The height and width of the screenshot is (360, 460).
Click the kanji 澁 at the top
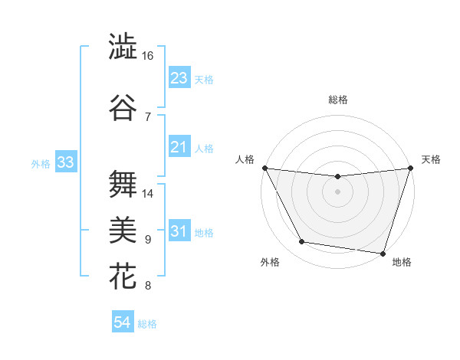123,47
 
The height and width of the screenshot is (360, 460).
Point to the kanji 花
123,277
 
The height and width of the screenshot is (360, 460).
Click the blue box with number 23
179,78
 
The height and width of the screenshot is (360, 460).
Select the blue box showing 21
179,147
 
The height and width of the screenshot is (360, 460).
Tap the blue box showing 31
179,232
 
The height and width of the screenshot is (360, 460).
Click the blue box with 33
65,162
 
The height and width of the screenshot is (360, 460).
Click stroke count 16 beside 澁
148,57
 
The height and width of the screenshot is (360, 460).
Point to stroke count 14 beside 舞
148,194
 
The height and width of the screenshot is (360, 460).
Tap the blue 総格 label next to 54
148,324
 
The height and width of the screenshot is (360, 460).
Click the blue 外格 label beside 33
41,163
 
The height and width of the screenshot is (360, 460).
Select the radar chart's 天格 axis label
431,159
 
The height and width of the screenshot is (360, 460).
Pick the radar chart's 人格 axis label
245,159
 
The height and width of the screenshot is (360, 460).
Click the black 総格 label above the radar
337,100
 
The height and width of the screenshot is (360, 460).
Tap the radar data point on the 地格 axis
383,253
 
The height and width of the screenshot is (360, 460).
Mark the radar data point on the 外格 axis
302,242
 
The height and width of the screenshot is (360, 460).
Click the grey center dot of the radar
337,191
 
